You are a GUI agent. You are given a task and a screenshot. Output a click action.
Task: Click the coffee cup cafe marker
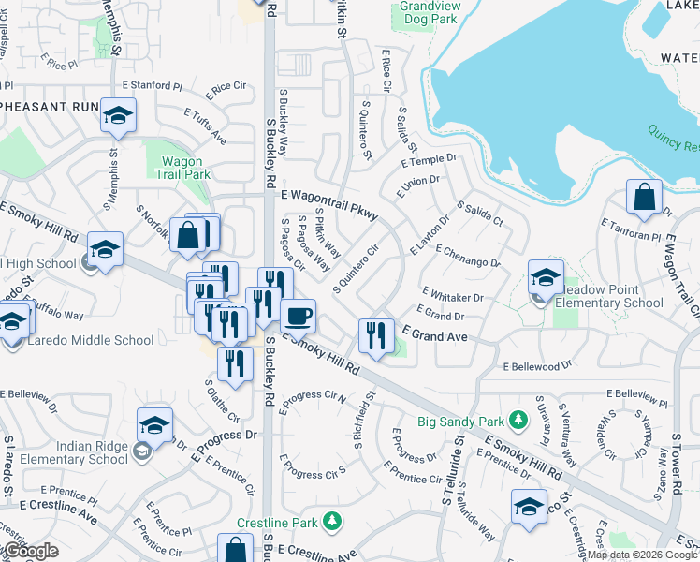click(298, 316)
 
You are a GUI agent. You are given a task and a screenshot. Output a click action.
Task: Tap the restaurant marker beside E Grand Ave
click(376, 336)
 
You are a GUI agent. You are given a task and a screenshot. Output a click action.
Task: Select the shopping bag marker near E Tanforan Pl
click(644, 198)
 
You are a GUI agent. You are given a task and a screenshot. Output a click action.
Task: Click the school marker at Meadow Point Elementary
click(546, 277)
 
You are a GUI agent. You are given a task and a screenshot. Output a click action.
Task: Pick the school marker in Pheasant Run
click(118, 116)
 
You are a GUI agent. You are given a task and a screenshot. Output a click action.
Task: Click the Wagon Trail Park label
click(180, 167)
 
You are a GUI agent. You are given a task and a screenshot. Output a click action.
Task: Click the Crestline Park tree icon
click(330, 520)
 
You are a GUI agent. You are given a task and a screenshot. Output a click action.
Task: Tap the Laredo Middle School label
click(81, 340)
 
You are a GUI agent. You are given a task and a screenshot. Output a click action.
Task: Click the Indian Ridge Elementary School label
click(65, 452)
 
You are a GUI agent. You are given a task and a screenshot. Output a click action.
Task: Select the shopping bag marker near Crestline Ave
click(235, 550)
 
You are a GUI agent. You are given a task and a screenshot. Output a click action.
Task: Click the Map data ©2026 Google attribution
click(642, 555)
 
